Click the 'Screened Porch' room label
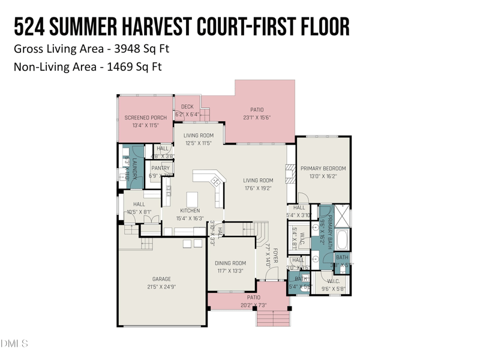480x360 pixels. point(145,118)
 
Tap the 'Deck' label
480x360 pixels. point(187,107)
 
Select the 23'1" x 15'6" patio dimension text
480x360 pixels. point(257,118)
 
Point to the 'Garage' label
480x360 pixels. point(161,279)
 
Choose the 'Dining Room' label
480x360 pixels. point(230,263)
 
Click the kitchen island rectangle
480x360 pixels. point(193,199)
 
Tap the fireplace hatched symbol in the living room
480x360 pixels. point(290,173)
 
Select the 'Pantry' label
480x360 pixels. point(160,169)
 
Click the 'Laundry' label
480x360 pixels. point(135,169)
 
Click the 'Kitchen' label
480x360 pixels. point(190,211)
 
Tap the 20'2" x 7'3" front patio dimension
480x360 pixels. point(253,305)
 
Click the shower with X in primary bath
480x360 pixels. point(341,214)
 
